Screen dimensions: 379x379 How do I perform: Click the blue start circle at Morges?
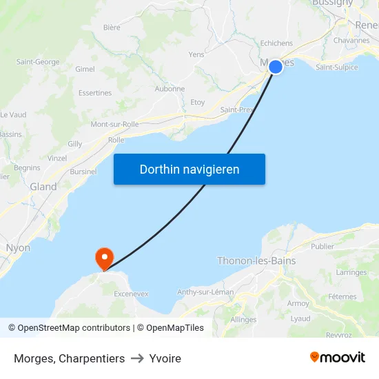[275, 66]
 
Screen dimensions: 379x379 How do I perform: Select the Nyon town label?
[18, 247]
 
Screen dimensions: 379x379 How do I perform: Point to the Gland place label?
[43, 187]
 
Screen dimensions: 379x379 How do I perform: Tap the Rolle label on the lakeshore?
[116, 140]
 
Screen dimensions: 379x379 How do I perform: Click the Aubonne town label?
[170, 89]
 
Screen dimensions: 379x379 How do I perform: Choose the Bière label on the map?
[112, 28]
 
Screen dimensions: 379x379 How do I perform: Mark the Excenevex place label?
[131, 294]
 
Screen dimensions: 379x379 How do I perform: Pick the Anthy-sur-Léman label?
[206, 291]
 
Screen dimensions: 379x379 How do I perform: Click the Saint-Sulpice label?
[337, 68]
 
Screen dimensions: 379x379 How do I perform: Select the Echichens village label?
[276, 43]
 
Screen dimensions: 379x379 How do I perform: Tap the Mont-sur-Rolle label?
[114, 124]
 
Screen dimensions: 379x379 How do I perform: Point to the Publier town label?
[322, 246]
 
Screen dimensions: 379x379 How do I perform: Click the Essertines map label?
[95, 93]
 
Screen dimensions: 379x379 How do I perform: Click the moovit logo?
[338, 358]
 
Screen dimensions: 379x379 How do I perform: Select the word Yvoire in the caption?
[165, 358]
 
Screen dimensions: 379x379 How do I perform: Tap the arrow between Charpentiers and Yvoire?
[137, 358]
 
